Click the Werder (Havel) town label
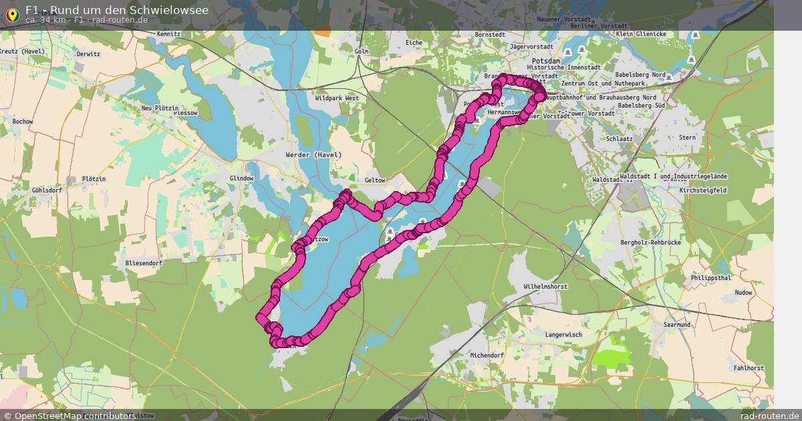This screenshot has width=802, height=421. [x=313, y=155]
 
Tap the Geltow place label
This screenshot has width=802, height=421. [x=376, y=180]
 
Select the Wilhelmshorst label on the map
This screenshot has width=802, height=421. [x=545, y=286]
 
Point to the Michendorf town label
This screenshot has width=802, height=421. [x=487, y=356]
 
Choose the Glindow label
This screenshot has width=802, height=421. [x=241, y=178]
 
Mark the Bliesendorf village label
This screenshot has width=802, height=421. [x=144, y=263]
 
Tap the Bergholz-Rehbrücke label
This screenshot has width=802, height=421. [x=650, y=243]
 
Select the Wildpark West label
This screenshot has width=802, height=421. [x=336, y=98]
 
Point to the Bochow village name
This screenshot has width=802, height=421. [x=22, y=122]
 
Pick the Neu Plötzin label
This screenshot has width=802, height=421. [x=160, y=108]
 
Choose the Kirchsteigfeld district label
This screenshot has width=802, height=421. [x=702, y=190]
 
